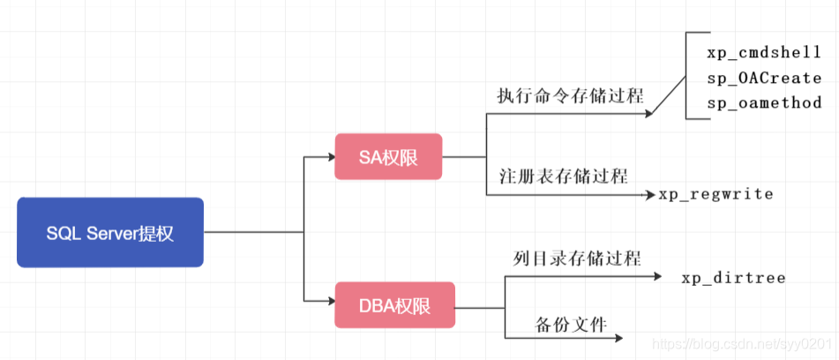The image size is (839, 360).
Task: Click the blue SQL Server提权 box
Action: [x=110, y=232]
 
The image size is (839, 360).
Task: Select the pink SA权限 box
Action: [x=388, y=157]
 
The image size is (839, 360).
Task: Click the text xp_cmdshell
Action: [x=764, y=52]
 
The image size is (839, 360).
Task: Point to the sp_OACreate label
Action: [x=764, y=78]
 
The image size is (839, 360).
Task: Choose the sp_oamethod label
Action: [x=764, y=102]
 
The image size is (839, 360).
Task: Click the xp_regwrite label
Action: [x=715, y=193]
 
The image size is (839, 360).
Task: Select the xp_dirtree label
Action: [x=732, y=278]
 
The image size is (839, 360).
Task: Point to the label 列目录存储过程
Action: [x=577, y=258]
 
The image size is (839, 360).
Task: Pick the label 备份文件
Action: [x=571, y=324]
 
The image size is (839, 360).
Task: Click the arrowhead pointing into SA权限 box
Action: [x=329, y=158]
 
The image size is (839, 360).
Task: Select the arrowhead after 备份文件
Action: [x=618, y=338]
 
